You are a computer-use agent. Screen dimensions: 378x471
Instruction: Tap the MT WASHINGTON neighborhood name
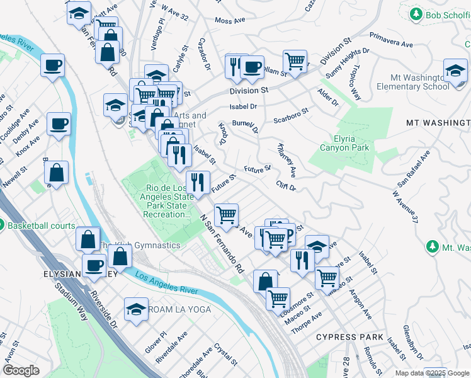pos(438,123)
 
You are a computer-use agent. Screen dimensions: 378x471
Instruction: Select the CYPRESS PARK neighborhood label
pos(350,337)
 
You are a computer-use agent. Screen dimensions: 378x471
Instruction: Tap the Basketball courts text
pos(42,226)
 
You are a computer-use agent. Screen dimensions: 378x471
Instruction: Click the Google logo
pos(21,370)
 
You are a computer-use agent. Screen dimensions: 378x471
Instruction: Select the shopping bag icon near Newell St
pos(57,175)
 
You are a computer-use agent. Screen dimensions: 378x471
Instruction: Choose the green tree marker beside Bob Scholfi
pos(416,13)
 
